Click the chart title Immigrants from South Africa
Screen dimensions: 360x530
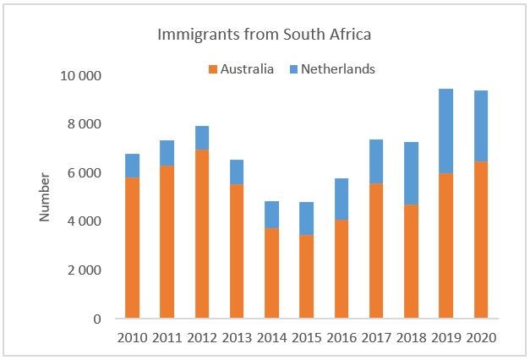pos(265,35)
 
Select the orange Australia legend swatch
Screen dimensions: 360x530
pos(212,69)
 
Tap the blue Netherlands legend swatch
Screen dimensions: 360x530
pos(295,69)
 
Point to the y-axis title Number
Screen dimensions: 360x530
pos(45,196)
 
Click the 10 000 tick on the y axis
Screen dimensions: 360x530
pos(82,76)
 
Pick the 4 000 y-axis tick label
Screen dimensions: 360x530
pos(85,221)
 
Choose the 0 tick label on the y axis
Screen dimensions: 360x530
pos(97,319)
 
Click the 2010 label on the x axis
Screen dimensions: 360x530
pos(132,337)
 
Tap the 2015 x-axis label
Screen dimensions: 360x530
pos(306,337)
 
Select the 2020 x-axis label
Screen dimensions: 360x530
pos(480,337)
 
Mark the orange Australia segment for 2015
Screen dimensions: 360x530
pos(306,276)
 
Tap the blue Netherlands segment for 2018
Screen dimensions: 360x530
pos(411,173)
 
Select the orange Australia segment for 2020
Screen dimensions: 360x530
pos(480,240)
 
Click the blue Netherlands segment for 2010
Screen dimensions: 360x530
pos(132,166)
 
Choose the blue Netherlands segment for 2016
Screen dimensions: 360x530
pos(341,199)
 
